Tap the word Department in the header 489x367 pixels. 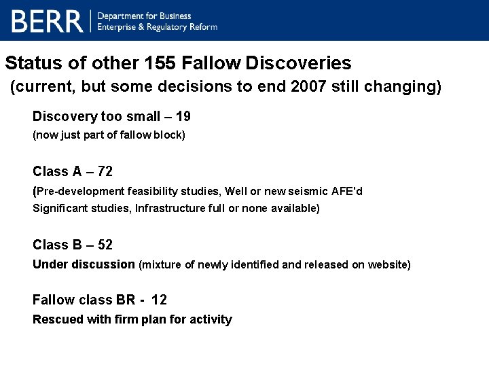tap(123, 16)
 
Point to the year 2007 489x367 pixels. tap(311, 88)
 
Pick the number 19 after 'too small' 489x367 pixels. tap(183, 117)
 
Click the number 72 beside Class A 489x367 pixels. tap(105, 171)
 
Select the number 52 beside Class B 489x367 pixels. tap(105, 245)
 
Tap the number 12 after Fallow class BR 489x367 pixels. tap(159, 300)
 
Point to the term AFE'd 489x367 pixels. tap(346, 192)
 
